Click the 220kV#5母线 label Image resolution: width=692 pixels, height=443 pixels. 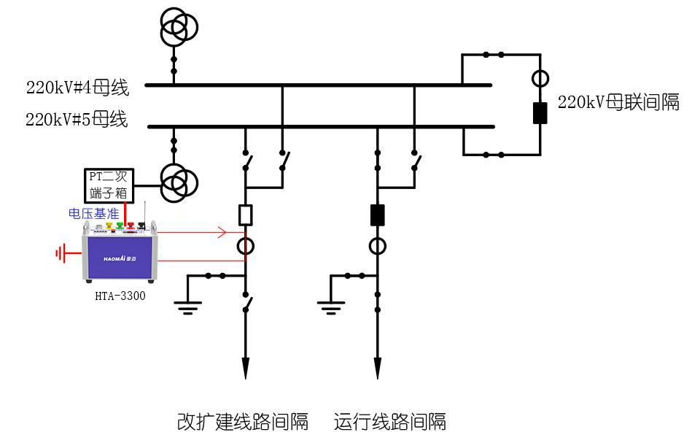(x=77, y=120)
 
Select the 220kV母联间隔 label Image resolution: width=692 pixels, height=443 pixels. (x=618, y=102)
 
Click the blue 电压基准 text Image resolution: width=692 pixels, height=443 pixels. (x=93, y=214)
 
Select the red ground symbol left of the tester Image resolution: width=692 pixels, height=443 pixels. (x=61, y=254)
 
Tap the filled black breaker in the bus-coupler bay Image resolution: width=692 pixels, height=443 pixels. (x=540, y=113)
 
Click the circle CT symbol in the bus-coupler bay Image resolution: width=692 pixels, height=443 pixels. (x=540, y=77)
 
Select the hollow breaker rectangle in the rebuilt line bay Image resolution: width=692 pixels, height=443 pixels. (x=246, y=215)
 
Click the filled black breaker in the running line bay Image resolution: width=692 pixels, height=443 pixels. (x=377, y=215)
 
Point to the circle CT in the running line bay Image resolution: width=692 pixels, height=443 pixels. (x=377, y=246)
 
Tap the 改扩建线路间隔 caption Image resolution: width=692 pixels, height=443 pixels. (x=243, y=422)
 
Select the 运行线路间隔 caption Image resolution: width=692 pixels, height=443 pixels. (x=390, y=422)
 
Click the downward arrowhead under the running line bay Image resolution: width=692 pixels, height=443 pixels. (x=377, y=369)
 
